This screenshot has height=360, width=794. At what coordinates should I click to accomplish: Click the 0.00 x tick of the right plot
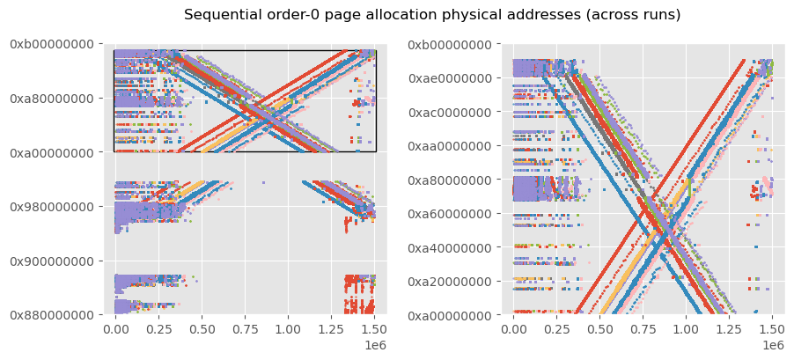coord(514,329)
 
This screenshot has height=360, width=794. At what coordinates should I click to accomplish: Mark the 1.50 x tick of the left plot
coord(375,329)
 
